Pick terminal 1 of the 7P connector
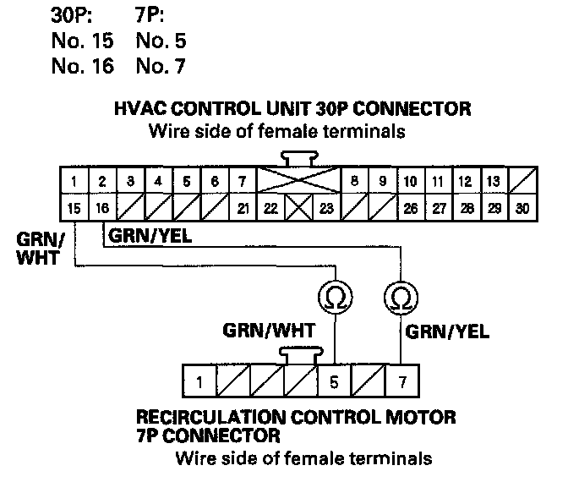pyautogui.click(x=199, y=381)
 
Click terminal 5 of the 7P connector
pyautogui.click(x=334, y=381)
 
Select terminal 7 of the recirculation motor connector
pyautogui.click(x=399, y=381)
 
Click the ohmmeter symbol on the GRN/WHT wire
pyautogui.click(x=334, y=297)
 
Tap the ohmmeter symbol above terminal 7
pyautogui.click(x=399, y=297)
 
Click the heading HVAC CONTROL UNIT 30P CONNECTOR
pyautogui.click(x=291, y=110)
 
